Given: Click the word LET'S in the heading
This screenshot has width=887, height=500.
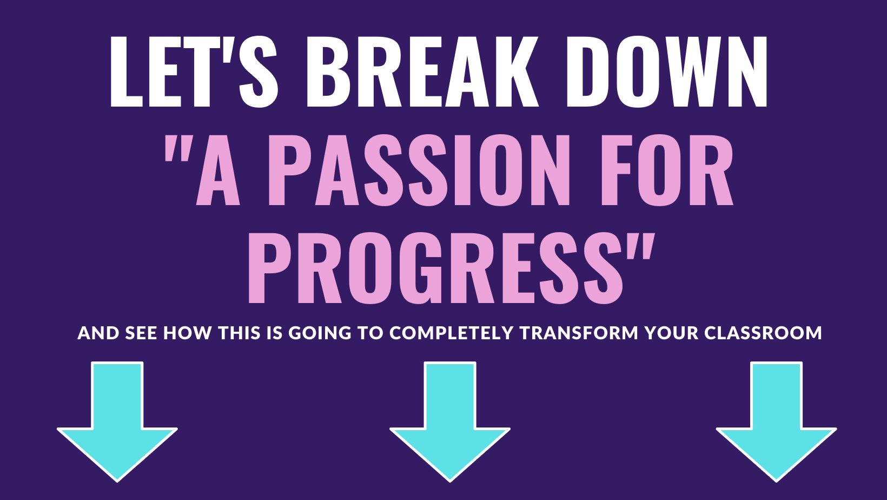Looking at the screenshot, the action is point(194,71).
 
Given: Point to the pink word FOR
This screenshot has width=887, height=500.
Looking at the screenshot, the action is point(667,170).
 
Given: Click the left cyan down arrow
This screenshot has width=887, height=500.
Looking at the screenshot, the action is point(117,422).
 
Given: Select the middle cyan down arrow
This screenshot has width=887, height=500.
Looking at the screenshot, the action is point(450,422).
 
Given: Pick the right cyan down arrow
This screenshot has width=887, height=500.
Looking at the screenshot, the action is point(776,422).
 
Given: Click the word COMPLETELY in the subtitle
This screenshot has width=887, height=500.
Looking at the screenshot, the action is point(452,333).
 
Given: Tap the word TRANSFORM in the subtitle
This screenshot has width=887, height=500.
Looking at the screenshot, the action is point(579,333).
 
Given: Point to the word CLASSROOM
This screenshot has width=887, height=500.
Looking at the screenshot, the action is point(763,333).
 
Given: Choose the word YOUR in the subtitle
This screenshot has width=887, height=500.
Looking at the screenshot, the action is point(672,333).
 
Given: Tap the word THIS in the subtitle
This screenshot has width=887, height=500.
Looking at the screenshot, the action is point(239,333).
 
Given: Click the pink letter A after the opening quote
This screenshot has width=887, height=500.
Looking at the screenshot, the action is point(218,170).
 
